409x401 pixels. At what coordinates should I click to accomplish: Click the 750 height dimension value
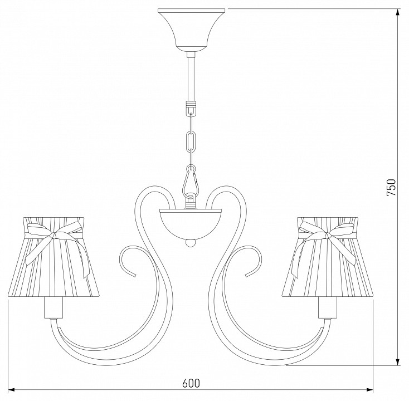click(x=391, y=187)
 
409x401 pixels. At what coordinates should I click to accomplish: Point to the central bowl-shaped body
click(x=191, y=224)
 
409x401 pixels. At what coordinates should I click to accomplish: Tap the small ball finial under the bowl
click(x=191, y=243)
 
